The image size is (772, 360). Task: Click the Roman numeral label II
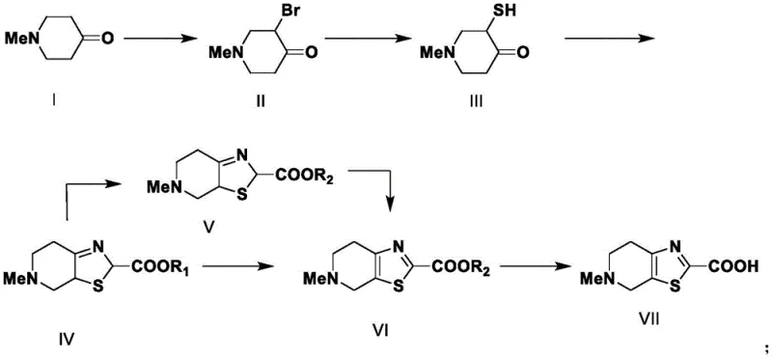[x=260, y=99]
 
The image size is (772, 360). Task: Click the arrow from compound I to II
[x=156, y=40]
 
